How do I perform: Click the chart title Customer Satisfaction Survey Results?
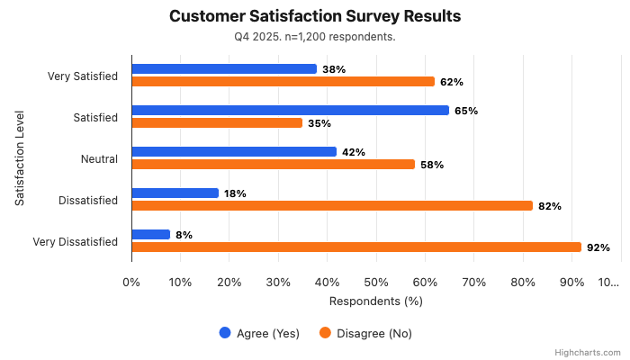(x=315, y=16)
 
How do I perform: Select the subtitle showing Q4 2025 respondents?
(x=315, y=37)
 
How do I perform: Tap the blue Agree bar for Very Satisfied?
(x=224, y=68)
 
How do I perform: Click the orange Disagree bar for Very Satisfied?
(x=283, y=82)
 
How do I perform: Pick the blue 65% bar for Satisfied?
(x=290, y=110)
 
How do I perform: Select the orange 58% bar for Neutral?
(x=273, y=165)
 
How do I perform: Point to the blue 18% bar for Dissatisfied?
(x=175, y=193)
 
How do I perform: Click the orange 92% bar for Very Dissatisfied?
(x=356, y=247)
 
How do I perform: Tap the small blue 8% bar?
(x=151, y=234)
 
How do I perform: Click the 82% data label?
(x=550, y=206)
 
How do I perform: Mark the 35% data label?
(x=319, y=123)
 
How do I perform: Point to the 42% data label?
(x=354, y=152)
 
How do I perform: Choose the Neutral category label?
(x=99, y=158)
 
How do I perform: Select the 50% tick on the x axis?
(x=376, y=282)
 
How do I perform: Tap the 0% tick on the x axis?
(x=132, y=282)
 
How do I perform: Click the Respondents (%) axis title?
(x=376, y=301)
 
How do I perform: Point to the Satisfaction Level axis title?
(x=20, y=158)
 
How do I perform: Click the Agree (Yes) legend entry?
(x=259, y=333)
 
